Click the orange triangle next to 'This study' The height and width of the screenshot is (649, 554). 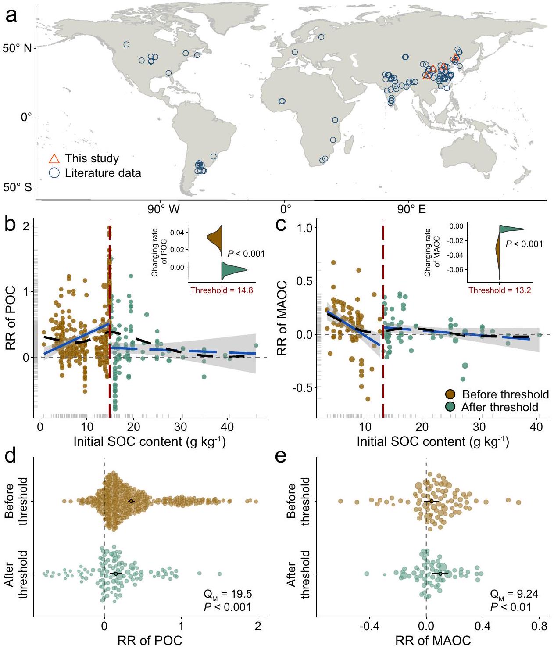click(54, 159)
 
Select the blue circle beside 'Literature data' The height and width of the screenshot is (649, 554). click(54, 173)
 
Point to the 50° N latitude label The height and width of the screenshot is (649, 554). click(17, 48)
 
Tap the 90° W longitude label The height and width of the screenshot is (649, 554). click(163, 209)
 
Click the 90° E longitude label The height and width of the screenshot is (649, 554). click(411, 209)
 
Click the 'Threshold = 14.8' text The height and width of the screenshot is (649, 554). click(222, 290)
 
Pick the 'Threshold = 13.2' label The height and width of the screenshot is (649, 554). click(500, 290)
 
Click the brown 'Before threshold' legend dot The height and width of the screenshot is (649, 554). click(450, 394)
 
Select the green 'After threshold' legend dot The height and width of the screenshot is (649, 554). click(450, 407)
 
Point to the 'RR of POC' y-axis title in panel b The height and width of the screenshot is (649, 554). click(11, 318)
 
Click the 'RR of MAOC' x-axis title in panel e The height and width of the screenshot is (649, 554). click(432, 641)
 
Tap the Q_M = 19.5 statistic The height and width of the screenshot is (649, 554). click(228, 595)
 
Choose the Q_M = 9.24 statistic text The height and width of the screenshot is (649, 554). click(514, 595)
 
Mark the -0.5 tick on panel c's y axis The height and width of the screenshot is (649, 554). click(302, 388)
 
